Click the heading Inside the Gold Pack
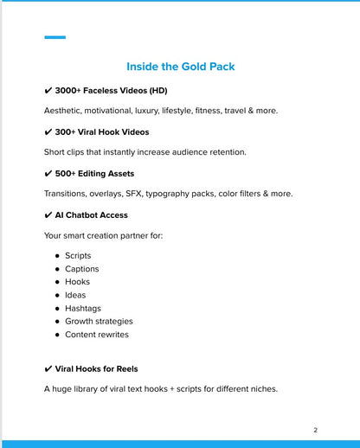click(x=180, y=67)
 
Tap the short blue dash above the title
click(x=55, y=37)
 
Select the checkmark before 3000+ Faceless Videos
click(x=48, y=91)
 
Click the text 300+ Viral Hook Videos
click(x=101, y=132)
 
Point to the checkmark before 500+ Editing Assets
click(x=48, y=174)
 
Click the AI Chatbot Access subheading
click(x=91, y=215)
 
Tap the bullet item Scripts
click(x=78, y=256)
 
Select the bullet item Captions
click(x=82, y=269)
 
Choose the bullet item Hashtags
click(x=83, y=308)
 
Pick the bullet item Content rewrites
click(x=97, y=335)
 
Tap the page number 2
click(x=316, y=430)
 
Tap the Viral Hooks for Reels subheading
click(x=96, y=369)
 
